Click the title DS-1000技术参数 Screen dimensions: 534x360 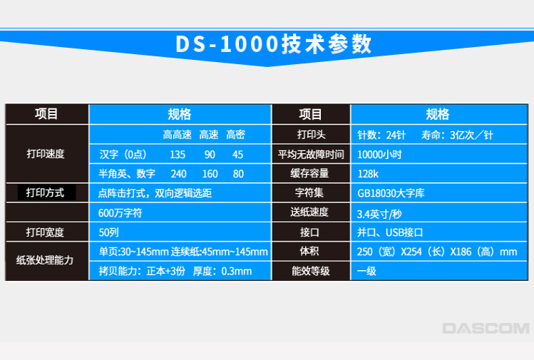pos(273,44)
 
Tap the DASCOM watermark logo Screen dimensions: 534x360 pos(486,329)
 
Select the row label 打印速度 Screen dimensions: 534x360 pos(46,154)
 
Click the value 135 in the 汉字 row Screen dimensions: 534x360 pos(178,155)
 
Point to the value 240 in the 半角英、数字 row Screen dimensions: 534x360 pos(178,174)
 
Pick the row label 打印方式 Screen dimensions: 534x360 pos(45,192)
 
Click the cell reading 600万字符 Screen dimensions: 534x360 pos(120,213)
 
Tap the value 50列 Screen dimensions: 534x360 pos(108,232)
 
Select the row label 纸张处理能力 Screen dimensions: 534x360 pos(45,260)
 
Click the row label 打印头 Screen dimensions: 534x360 pos(312,135)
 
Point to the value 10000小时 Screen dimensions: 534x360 pos(379,155)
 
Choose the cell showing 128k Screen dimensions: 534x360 pos(368,174)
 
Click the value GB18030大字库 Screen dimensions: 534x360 pos(391,193)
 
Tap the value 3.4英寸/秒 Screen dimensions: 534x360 pos(379,214)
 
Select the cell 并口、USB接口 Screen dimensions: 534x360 pos(390,232)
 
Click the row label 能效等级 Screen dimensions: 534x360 pos(311,271)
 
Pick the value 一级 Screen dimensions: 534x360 pos(366,271)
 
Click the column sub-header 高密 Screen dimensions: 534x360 pos(236,135)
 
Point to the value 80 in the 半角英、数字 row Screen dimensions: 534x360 pos(238,174)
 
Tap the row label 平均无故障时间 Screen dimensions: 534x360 pos(311,155)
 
